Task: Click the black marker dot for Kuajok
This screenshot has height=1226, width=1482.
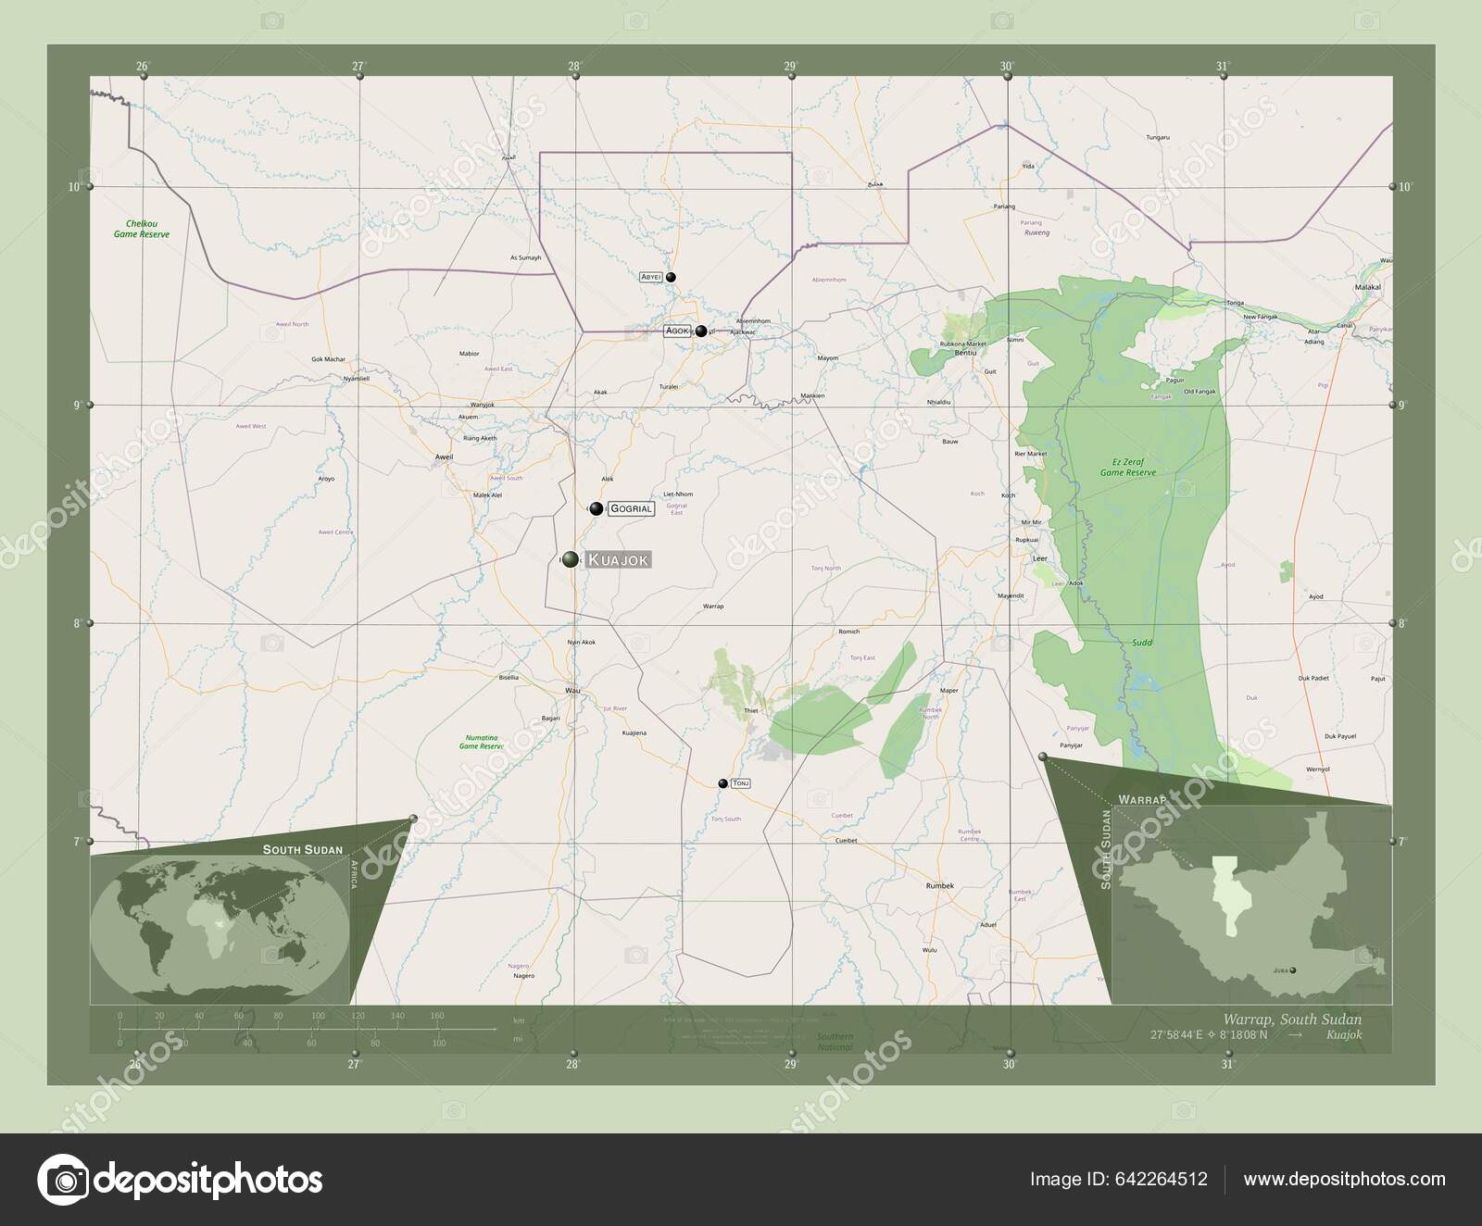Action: pyautogui.click(x=571, y=558)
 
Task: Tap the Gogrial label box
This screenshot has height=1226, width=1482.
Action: pyautogui.click(x=632, y=508)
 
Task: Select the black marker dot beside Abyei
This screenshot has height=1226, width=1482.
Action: pyautogui.click(x=671, y=277)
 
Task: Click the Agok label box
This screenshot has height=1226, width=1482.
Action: pyautogui.click(x=677, y=331)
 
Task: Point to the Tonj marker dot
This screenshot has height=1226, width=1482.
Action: pyautogui.click(x=722, y=783)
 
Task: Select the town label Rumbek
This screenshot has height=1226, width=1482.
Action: pyautogui.click(x=939, y=885)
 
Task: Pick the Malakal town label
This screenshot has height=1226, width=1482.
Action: pyautogui.click(x=1368, y=288)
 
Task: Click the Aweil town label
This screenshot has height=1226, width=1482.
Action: pyautogui.click(x=444, y=457)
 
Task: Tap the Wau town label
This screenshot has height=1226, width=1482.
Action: pyautogui.click(x=571, y=690)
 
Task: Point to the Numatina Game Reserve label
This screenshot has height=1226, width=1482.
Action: pyautogui.click(x=482, y=741)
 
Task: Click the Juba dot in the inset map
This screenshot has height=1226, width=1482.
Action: pyautogui.click(x=1293, y=970)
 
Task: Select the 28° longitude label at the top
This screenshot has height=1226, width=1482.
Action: pyautogui.click(x=574, y=66)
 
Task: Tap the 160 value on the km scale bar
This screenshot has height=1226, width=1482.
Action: pyautogui.click(x=437, y=1016)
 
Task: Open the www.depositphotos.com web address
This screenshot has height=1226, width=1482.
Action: pyautogui.click(x=1344, y=1179)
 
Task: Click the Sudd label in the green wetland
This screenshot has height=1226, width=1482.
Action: pyautogui.click(x=1141, y=642)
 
